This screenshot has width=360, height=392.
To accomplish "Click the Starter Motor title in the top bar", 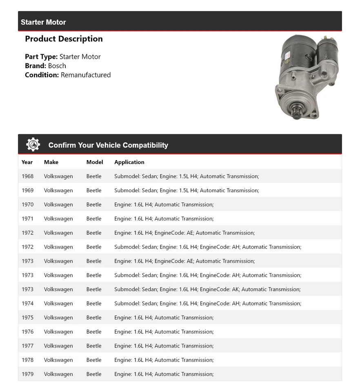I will click(43, 22).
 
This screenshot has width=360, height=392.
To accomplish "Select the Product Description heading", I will click(64, 39).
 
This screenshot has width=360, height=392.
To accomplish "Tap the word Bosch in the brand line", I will click(57, 66).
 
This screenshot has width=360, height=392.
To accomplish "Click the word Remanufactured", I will click(86, 75).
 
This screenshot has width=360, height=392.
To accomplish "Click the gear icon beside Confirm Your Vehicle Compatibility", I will click(33, 145).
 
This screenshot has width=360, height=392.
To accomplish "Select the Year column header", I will click(27, 162).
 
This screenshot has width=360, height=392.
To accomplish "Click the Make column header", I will click(51, 162).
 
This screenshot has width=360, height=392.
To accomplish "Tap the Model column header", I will click(95, 162).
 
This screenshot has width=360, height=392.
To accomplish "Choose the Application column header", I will click(129, 162).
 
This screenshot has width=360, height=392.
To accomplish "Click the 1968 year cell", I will click(28, 176).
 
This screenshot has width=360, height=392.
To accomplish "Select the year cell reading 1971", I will click(28, 219).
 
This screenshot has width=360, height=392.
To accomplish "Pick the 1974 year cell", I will click(28, 303).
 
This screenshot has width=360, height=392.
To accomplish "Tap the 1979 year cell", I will click(28, 374).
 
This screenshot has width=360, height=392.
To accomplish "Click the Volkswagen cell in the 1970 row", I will click(58, 205).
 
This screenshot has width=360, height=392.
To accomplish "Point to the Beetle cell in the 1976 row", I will click(94, 332).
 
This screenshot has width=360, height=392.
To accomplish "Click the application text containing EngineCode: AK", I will click(207, 290).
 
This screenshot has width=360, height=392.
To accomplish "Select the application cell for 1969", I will click(187, 190).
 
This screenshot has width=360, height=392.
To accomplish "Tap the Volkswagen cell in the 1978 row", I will click(58, 360).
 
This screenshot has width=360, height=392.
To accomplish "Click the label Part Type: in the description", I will click(41, 57).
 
